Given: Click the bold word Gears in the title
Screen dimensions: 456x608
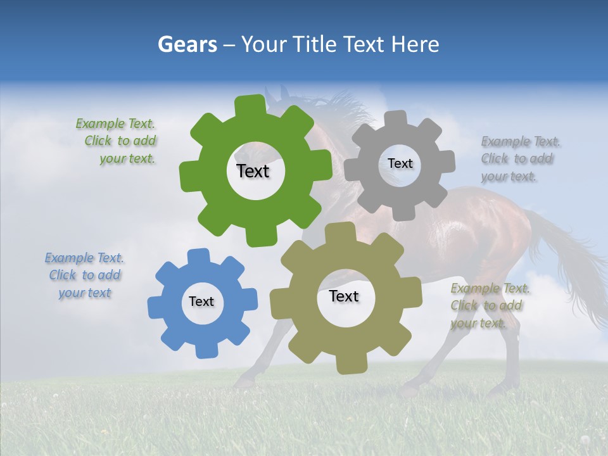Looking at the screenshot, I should pos(187,44).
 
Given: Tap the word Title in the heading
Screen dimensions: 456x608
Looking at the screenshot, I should pos(317,44).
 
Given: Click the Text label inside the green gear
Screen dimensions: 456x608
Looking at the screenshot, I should pos(253,171).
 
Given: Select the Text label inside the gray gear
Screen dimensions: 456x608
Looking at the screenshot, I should pos(400,163).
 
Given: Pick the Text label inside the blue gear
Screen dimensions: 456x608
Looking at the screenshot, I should pos(201,301).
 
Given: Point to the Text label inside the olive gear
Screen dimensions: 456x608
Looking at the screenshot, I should pos(344,296).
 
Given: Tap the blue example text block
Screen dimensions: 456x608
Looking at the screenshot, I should pos(85,275).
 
